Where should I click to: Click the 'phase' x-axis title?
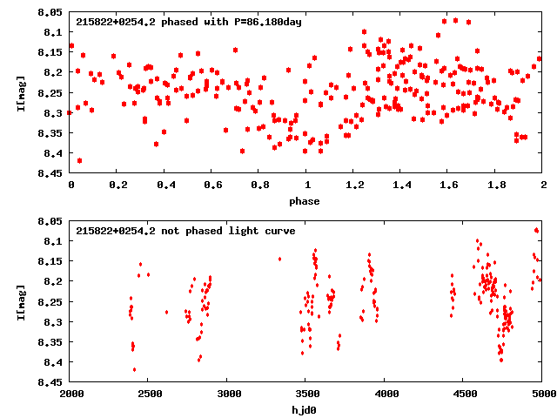[x=305, y=201]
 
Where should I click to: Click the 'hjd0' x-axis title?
[x=305, y=408]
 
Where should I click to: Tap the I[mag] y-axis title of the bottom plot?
[x=20, y=301]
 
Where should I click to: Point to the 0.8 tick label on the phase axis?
[x=259, y=185]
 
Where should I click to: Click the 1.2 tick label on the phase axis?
[x=353, y=185]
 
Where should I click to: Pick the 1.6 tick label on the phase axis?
[x=448, y=185]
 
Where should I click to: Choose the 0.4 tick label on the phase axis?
[x=164, y=185]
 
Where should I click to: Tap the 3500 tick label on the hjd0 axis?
[x=305, y=394]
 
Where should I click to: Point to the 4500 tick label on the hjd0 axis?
[x=463, y=394]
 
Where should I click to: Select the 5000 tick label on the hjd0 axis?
[x=540, y=394]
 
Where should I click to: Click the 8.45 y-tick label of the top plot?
[x=50, y=173]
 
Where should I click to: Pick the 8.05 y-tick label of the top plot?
[x=50, y=12]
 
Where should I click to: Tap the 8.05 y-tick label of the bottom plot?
[x=50, y=221]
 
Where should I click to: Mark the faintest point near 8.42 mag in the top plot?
[x=79, y=160]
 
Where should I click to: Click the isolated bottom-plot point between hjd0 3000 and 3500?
[x=279, y=259]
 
